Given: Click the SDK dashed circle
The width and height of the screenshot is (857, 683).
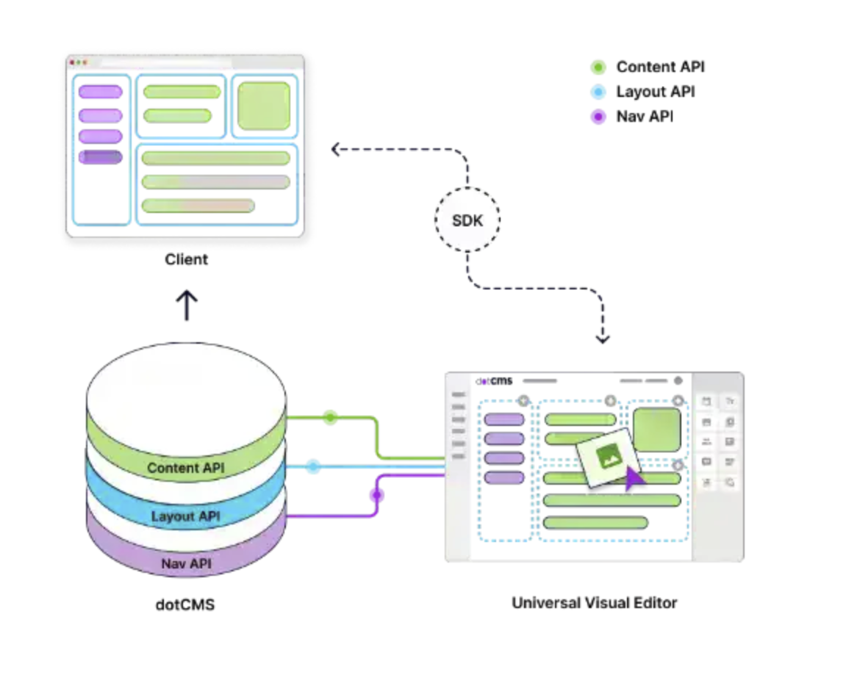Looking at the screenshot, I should (x=467, y=220).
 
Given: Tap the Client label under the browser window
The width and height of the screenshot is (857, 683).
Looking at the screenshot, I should (x=186, y=259).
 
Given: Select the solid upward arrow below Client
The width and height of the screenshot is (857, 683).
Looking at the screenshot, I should (x=187, y=304).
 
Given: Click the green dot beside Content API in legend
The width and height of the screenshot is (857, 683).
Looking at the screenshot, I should (x=598, y=68).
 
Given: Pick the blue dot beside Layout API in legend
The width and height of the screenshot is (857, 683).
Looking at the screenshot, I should (x=598, y=92).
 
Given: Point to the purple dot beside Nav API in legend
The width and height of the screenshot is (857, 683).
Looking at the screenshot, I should (x=598, y=116).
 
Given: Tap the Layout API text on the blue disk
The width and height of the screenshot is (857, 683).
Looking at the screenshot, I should (x=185, y=516).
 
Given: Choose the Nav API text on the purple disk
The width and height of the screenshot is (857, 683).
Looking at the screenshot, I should (x=186, y=564).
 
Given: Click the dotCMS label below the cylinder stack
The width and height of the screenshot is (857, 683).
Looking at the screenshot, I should (x=185, y=606).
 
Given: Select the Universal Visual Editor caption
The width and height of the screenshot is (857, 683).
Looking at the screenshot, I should (x=594, y=603).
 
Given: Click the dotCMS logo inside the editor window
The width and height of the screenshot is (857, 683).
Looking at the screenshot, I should (x=494, y=381).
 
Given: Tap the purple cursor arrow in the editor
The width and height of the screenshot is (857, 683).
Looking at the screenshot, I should (x=634, y=478).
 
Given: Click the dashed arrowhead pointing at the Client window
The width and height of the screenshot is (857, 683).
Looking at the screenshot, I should (x=335, y=150).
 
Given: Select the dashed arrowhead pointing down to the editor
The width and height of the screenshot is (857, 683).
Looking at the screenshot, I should (x=603, y=339).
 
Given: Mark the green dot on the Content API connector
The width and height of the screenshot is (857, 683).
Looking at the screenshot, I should (x=331, y=417).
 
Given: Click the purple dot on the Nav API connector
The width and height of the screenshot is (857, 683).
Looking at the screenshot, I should (x=377, y=495).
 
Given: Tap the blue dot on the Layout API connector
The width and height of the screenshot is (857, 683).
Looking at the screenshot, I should (x=313, y=466).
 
